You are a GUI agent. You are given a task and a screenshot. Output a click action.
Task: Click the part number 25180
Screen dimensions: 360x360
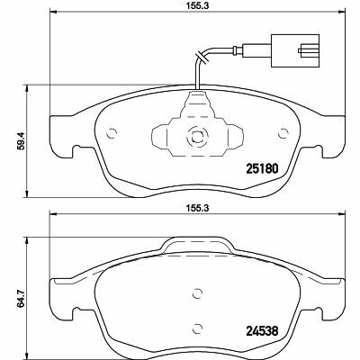click(263, 169)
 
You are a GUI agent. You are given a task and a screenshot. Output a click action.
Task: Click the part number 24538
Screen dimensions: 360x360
click(263, 331)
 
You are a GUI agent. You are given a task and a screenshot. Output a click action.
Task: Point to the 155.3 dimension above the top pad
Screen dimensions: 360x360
click(197, 6)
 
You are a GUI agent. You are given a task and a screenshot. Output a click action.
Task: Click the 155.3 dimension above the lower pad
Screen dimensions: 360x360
click(197, 208)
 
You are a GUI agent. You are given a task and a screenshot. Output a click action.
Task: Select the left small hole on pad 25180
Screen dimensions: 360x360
click(112, 133)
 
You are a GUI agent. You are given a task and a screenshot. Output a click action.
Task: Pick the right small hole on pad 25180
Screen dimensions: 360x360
click(283, 133)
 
